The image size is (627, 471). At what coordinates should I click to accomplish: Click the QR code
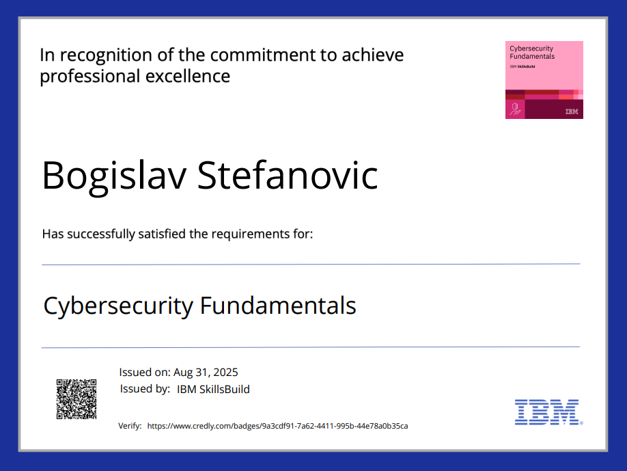click(x=76, y=399)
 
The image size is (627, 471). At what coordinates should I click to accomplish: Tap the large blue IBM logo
click(x=548, y=412)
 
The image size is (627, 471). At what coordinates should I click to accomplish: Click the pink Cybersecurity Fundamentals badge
click(x=544, y=79)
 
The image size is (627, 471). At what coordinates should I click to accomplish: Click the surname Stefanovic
click(x=288, y=175)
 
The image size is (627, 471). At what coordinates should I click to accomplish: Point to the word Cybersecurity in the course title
click(x=118, y=306)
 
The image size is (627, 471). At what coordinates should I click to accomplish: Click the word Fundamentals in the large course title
click(x=278, y=306)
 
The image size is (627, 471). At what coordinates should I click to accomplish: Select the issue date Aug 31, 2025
click(x=206, y=373)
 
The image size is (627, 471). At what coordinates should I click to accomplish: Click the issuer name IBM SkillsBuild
click(x=213, y=390)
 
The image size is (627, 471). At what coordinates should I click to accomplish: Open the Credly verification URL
click(x=277, y=426)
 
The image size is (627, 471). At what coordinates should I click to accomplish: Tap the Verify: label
click(x=130, y=426)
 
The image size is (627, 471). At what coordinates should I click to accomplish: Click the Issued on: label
click(x=145, y=372)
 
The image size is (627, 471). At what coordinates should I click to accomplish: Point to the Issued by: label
click(x=145, y=389)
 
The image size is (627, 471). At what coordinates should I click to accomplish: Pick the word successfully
click(x=101, y=234)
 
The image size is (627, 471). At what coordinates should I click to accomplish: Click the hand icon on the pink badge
click(x=515, y=109)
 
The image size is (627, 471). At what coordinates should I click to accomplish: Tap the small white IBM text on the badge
click(x=572, y=111)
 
